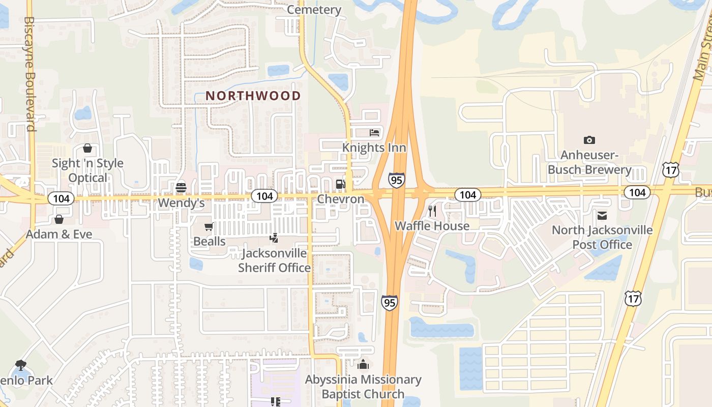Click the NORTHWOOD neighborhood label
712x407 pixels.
(x=253, y=96)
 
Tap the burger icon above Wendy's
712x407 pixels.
(x=181, y=188)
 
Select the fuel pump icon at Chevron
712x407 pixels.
(x=340, y=184)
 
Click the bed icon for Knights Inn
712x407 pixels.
(x=374, y=133)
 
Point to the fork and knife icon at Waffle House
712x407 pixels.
(x=432, y=211)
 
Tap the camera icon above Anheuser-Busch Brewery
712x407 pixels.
(x=589, y=140)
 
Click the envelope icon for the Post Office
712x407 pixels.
(x=602, y=216)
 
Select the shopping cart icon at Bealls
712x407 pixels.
(x=209, y=227)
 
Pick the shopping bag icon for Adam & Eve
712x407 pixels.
(x=59, y=219)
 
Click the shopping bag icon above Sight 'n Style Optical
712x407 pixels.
(x=87, y=148)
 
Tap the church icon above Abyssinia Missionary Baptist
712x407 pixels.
(x=363, y=364)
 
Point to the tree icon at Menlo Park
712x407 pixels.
(x=20, y=364)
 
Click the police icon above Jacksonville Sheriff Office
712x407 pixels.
(x=274, y=238)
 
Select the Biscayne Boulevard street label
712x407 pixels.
(x=29, y=74)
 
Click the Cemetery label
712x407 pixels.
(x=314, y=10)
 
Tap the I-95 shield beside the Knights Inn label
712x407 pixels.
(x=396, y=180)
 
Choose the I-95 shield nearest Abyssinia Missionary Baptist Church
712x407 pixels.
(x=389, y=302)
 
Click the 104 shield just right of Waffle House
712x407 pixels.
(x=467, y=194)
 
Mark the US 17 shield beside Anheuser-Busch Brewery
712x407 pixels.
(x=670, y=170)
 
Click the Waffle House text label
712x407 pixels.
(x=432, y=225)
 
